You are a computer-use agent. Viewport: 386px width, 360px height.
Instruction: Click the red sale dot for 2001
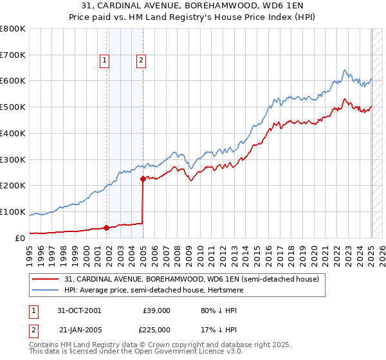(106, 228)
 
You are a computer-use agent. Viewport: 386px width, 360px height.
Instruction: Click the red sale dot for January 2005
(143, 179)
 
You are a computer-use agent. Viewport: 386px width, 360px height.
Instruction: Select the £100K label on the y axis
(14, 212)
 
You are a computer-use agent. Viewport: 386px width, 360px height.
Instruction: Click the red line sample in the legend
(44, 280)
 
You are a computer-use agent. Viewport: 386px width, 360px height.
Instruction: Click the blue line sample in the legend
(44, 291)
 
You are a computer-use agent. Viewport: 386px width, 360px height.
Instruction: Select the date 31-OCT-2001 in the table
(80, 310)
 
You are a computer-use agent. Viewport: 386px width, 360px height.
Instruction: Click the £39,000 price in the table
(156, 310)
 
